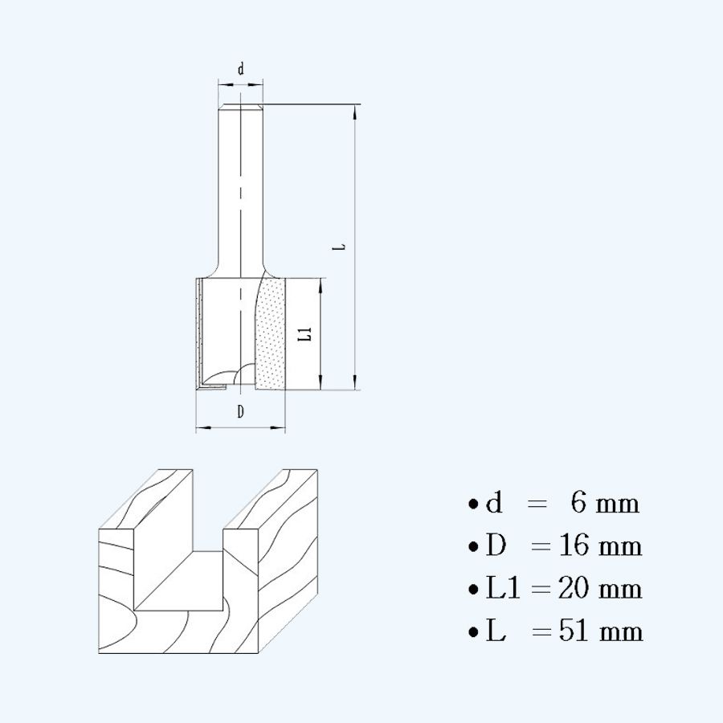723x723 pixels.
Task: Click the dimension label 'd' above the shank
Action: (240, 70)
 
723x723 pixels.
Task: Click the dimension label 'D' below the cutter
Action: (240, 412)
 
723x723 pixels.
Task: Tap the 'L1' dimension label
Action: (304, 334)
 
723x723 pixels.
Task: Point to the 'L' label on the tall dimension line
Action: (341, 247)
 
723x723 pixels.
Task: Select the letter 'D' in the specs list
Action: (496, 546)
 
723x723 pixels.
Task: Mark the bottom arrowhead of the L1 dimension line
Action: (321, 383)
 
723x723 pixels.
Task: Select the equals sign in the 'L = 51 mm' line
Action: (541, 631)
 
